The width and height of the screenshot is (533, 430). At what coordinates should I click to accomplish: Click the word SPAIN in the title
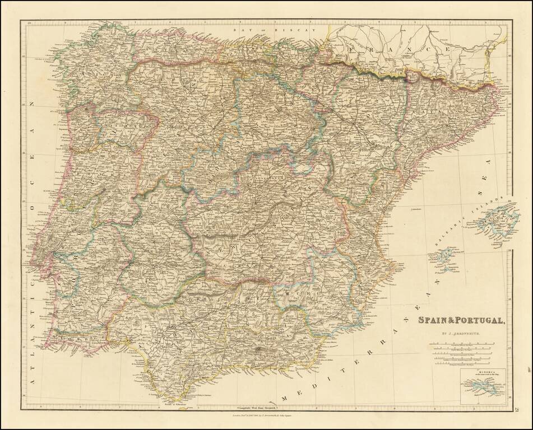pyautogui.click(x=430, y=321)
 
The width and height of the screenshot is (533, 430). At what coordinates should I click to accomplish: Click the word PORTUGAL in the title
pyautogui.click(x=476, y=321)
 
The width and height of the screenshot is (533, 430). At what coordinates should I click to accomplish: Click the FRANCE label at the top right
pyautogui.click(x=398, y=49)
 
